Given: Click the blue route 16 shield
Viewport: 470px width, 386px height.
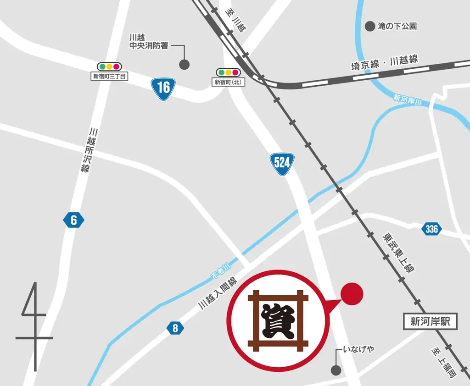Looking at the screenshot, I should pyautogui.click(x=163, y=86).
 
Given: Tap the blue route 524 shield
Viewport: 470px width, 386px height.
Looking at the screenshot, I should pyautogui.click(x=282, y=163).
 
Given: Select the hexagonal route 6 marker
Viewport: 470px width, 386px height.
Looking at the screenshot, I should pyautogui.click(x=73, y=221).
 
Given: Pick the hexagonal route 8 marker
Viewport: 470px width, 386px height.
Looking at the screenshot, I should pyautogui.click(x=175, y=328).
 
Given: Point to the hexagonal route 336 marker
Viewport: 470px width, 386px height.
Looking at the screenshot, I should pyautogui.click(x=431, y=229).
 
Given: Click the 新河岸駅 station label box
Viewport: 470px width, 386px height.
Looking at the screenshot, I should pyautogui.click(x=430, y=321).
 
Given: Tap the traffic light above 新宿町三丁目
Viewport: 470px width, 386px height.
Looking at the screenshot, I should pyautogui.click(x=109, y=66).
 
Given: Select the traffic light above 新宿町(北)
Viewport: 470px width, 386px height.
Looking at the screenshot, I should pyautogui.click(x=229, y=72).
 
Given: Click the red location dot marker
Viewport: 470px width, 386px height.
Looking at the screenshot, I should pyautogui.click(x=352, y=292).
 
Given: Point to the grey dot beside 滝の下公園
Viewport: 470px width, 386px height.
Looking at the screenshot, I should pyautogui.click(x=369, y=27).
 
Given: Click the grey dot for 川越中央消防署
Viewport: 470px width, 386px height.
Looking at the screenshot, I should pyautogui.click(x=184, y=65).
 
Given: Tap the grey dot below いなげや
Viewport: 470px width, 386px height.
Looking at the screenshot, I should pyautogui.click(x=336, y=369).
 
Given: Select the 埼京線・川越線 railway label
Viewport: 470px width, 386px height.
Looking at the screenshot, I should pyautogui.click(x=385, y=62).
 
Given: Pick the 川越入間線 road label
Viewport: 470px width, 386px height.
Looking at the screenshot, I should pyautogui.click(x=217, y=293).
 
